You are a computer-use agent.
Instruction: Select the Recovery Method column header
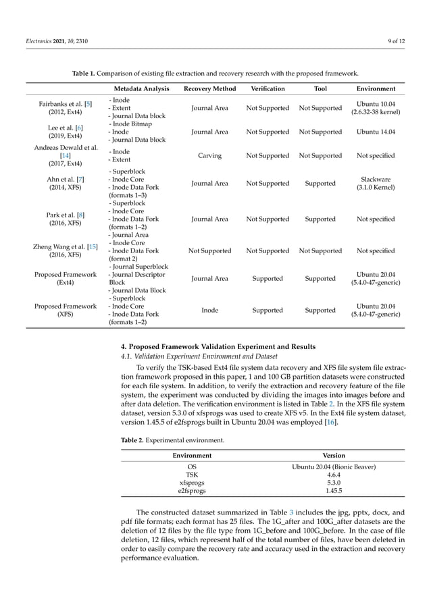tap(209, 88)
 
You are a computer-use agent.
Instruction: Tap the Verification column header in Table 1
tap(268, 88)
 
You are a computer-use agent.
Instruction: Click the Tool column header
tap(320, 88)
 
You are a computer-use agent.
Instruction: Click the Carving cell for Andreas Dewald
tap(209, 155)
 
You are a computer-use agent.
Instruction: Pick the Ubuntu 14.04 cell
tap(376, 132)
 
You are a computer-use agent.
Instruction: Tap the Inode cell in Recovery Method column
tap(209, 311)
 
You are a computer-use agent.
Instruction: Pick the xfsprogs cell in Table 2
tap(193, 483)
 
